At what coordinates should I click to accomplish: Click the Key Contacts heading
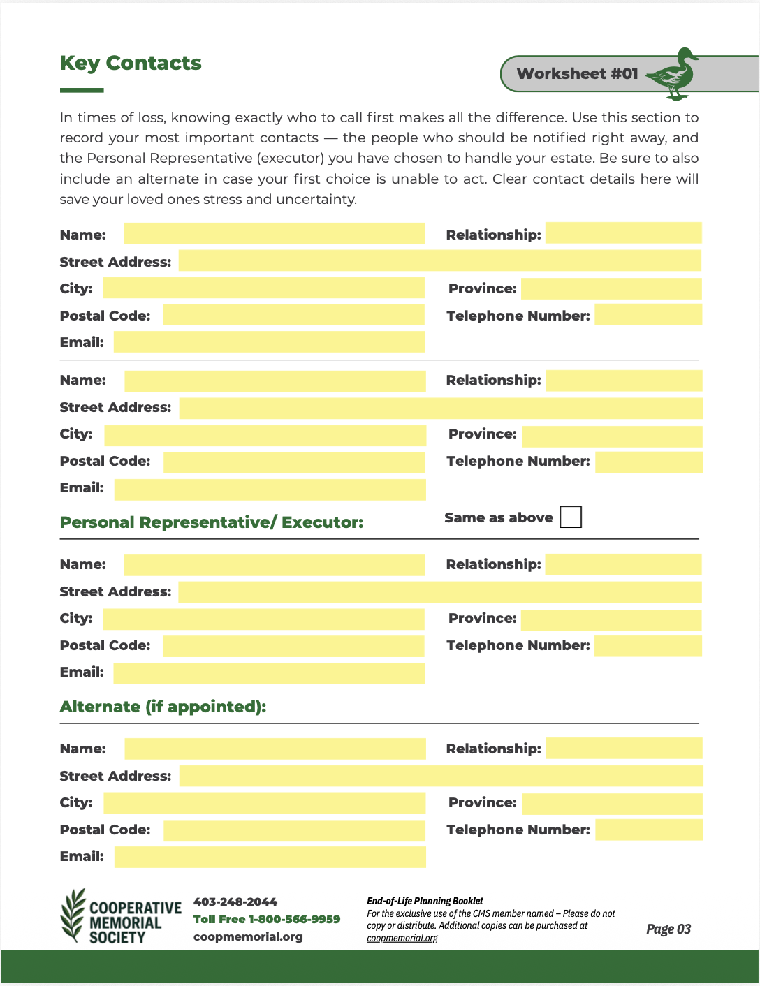pyautogui.click(x=131, y=64)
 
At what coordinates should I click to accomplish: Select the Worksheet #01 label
pyautogui.click(x=577, y=74)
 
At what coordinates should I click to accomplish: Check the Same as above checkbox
pyautogui.click(x=571, y=517)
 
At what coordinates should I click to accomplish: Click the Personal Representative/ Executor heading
pyautogui.click(x=212, y=522)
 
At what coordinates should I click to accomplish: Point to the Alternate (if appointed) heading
pyautogui.click(x=163, y=707)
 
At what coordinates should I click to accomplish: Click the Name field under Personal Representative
pyautogui.click(x=274, y=565)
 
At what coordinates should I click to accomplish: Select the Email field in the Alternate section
pyautogui.click(x=270, y=857)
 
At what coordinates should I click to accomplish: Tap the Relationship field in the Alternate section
pyautogui.click(x=624, y=749)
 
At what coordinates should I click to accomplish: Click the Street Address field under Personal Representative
pyautogui.click(x=439, y=592)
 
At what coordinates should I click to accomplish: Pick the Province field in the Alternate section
pyautogui.click(x=611, y=804)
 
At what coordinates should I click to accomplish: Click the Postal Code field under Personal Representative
pyautogui.click(x=293, y=646)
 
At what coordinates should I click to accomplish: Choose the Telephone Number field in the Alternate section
pyautogui.click(x=648, y=830)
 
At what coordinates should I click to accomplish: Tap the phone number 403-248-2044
pyautogui.click(x=235, y=902)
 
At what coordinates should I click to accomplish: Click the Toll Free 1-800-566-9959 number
pyautogui.click(x=267, y=919)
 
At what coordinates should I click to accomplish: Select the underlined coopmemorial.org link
pyautogui.click(x=402, y=938)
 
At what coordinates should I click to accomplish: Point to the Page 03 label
pyautogui.click(x=668, y=929)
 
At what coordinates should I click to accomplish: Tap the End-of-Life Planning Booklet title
pyautogui.click(x=425, y=901)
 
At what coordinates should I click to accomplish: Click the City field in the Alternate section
pyautogui.click(x=264, y=803)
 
